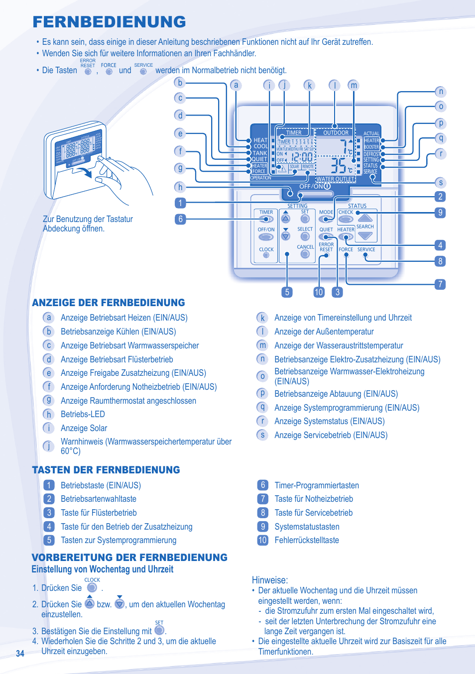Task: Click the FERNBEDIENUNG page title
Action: pos(109,22)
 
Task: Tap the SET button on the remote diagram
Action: pos(305,219)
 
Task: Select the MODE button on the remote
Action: pos(326,219)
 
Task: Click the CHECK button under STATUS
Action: pos(346,219)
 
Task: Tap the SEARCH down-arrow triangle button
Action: pos(365,235)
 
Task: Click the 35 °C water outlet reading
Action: pos(340,166)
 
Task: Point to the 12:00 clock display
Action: pos(302,157)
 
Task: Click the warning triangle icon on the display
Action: pos(282,168)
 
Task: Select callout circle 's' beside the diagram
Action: pos(440,183)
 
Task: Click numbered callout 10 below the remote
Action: pos(319,292)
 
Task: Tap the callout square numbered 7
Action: pos(440,284)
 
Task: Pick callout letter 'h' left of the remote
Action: pos(180,187)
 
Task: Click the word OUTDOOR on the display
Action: pos(336,133)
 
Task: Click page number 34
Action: pos(20,654)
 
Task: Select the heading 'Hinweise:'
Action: pos(270,580)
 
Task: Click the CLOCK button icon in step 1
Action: pos(92,588)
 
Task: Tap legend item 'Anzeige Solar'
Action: pos(84,428)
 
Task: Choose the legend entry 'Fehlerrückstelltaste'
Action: pos(307,540)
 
